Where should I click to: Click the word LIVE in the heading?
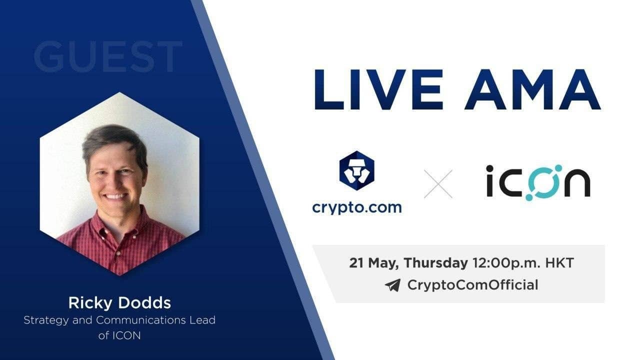click(379, 89)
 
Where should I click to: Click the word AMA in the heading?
click(532, 89)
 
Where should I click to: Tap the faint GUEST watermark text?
click(107, 56)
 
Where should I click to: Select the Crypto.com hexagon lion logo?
click(357, 170)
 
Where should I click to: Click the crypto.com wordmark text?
click(357, 207)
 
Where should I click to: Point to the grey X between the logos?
click(438, 184)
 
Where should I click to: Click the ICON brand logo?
click(538, 182)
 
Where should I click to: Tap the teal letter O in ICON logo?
click(542, 182)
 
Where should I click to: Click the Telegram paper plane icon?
click(392, 285)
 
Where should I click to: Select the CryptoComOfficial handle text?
click(473, 285)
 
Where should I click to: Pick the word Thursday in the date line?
click(435, 263)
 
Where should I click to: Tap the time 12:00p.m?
click(506, 263)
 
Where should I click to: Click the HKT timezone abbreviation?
click(559, 263)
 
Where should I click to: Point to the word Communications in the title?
click(141, 320)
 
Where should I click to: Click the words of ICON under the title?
click(119, 335)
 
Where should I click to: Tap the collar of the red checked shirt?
click(119, 228)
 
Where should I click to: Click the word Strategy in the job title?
click(46, 320)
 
